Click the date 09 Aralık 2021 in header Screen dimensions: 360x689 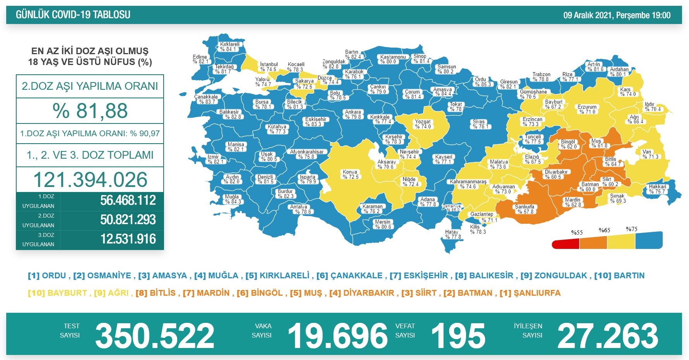588,15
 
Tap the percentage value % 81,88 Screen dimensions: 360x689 90,111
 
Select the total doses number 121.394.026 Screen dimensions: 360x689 90,180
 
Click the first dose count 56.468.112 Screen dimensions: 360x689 128,201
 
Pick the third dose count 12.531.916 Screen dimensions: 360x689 128,239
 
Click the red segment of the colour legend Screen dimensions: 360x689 565,244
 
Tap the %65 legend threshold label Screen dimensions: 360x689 604,230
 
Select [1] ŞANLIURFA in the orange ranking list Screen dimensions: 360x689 530,293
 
